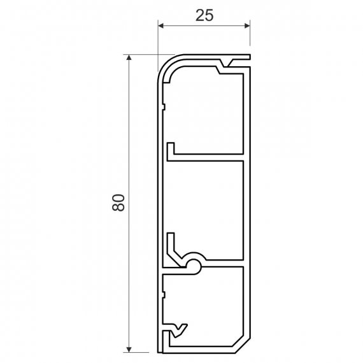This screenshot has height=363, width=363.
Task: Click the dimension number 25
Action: pos(204,16)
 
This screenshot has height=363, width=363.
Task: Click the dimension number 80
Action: pos(118,203)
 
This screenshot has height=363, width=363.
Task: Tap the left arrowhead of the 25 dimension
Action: pos(161,25)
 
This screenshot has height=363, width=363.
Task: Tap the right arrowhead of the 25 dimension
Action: pos(247,25)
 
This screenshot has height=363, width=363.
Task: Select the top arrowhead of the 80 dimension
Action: pos(129,57)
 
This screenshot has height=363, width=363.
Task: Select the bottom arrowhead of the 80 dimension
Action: pos(129,350)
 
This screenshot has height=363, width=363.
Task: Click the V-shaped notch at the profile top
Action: pos(225,64)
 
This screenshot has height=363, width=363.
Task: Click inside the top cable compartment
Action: pos(204,111)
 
